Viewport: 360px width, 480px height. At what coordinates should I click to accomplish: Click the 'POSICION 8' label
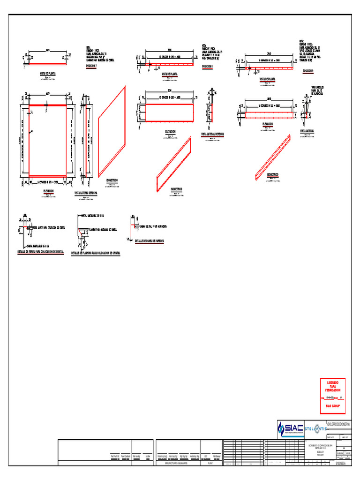(207, 67)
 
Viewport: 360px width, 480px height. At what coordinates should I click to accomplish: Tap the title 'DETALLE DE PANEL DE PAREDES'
(150, 241)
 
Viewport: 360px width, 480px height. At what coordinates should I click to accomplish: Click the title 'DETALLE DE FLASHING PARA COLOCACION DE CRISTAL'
(96, 253)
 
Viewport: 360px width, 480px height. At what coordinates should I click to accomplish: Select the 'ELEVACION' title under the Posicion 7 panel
(49, 191)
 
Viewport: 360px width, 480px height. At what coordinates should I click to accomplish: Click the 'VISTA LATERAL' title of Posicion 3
(307, 131)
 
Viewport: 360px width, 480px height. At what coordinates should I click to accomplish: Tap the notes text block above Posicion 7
(100, 54)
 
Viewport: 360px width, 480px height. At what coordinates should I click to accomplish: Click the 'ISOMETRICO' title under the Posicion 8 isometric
(173, 189)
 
